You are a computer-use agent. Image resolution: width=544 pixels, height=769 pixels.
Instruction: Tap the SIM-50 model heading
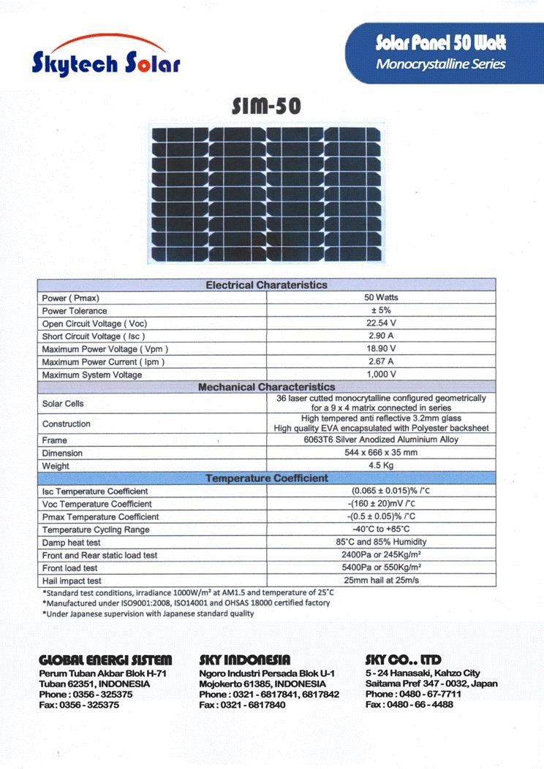[265, 107]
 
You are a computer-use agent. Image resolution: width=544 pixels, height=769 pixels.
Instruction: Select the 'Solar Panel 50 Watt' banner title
[440, 43]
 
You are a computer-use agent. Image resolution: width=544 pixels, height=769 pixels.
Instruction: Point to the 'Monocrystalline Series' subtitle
[440, 64]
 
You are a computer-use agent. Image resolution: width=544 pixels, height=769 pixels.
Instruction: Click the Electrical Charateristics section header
[266, 285]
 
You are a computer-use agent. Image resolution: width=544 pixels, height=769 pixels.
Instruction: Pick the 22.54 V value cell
[381, 324]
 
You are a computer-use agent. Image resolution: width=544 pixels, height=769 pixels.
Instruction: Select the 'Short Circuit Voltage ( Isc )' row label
[94, 337]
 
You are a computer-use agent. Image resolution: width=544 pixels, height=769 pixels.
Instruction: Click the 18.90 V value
[381, 349]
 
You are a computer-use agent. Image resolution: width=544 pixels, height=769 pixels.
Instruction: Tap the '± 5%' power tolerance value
[381, 311]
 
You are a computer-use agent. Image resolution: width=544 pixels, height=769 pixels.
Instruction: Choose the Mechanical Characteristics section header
[266, 387]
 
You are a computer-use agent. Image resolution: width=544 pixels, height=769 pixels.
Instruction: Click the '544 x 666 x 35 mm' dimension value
[381, 453]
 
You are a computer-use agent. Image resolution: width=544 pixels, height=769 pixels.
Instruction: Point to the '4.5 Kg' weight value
[381, 466]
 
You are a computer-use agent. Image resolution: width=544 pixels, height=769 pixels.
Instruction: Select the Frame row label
[55, 440]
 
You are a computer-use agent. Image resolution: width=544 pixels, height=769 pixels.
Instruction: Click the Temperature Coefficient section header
[266, 478]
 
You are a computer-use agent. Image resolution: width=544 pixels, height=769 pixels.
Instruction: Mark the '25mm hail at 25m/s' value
[381, 581]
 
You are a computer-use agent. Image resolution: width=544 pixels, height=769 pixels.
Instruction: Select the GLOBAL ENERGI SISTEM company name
[105, 660]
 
